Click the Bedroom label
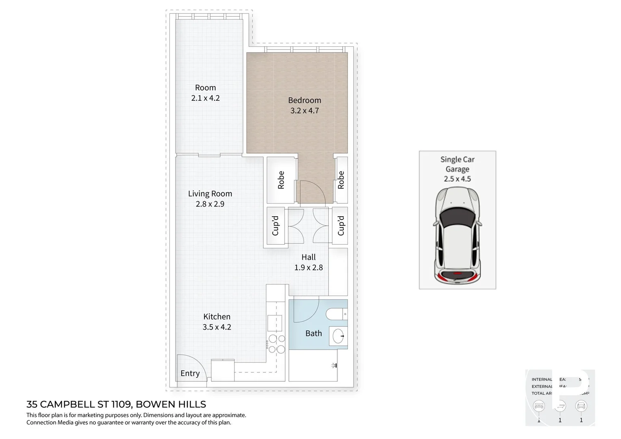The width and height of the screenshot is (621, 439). [304, 100]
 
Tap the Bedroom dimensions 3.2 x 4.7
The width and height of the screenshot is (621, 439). [304, 111]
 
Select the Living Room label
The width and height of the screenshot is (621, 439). [210, 194]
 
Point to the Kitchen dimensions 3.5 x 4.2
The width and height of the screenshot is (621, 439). [217, 327]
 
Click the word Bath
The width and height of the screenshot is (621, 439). [313, 333]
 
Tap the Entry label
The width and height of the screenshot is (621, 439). [190, 373]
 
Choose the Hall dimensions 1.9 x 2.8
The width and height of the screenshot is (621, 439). [308, 267]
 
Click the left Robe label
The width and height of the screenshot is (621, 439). [281, 180]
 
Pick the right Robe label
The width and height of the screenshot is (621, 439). [341, 180]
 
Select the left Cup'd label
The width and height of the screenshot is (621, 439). [276, 226]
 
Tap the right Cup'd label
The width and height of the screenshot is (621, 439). [341, 226]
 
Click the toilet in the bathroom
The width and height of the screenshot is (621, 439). [336, 314]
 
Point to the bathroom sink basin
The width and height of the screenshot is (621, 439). [339, 336]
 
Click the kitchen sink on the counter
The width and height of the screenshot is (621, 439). [274, 323]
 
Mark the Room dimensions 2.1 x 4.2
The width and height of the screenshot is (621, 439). [205, 98]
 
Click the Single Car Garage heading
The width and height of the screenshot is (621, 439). [457, 164]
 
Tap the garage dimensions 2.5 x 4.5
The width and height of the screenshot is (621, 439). [457, 179]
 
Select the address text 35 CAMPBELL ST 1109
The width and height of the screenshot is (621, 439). [79, 404]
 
